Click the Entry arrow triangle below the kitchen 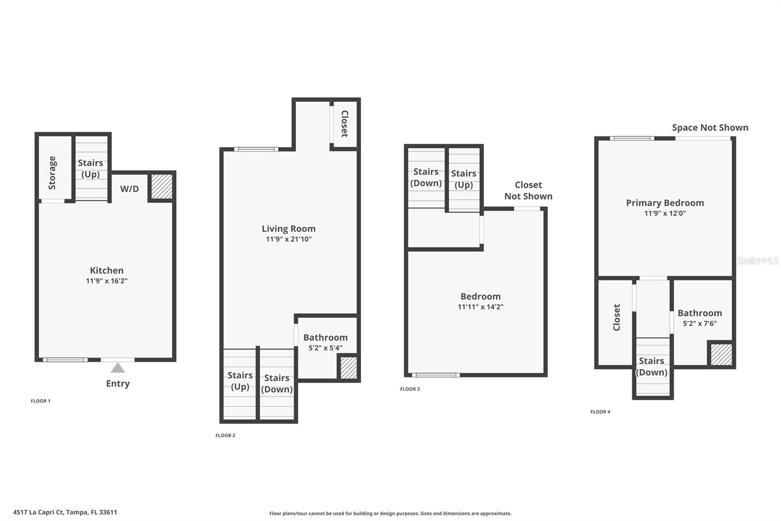coord(118,368)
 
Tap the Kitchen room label coord(106,270)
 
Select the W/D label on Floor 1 coord(129,189)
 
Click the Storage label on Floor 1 coord(52,173)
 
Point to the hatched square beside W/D coord(162,187)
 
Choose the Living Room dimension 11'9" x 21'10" coord(288,239)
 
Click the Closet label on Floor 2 coord(345,124)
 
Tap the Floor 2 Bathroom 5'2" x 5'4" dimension coord(325,348)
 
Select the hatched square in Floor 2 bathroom coord(348,368)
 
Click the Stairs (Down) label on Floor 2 coord(277,384)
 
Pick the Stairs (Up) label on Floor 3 coord(464,179)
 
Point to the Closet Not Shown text coord(528,191)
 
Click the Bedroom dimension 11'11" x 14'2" coord(480,307)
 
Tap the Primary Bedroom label coord(665,203)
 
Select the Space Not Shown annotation coord(710,128)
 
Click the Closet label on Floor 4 coord(617,317)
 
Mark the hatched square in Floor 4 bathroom coord(721,354)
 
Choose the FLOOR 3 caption coord(410,389)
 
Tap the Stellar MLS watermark coord(758,260)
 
